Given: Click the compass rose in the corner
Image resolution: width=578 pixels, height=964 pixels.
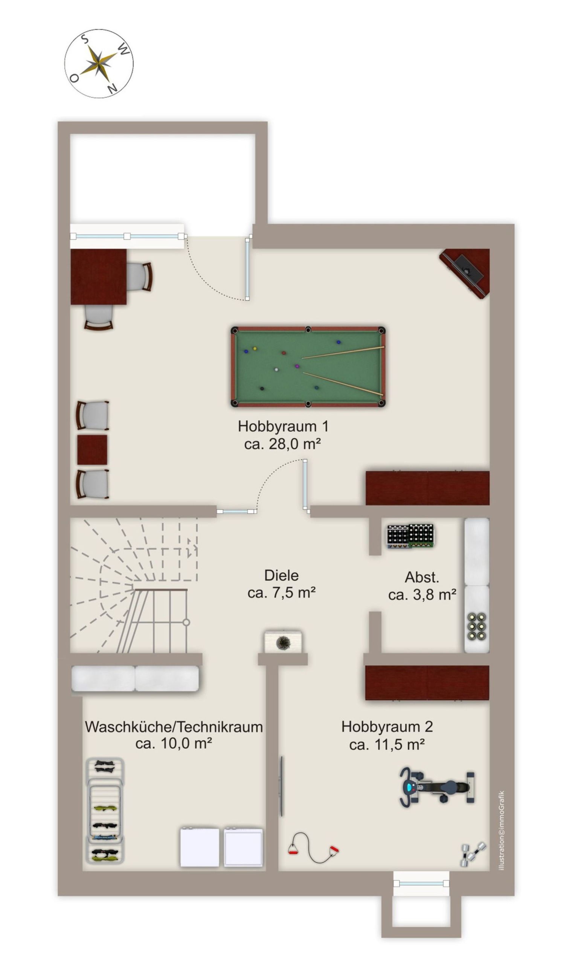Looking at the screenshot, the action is click(x=99, y=63).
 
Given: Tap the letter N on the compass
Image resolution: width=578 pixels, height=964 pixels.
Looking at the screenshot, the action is click(x=112, y=89).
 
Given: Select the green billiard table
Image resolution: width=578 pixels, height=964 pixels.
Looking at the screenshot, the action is click(x=308, y=366).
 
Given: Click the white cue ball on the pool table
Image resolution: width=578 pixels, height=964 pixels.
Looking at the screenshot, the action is click(x=276, y=369).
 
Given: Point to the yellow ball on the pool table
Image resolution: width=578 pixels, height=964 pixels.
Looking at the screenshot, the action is click(x=255, y=348).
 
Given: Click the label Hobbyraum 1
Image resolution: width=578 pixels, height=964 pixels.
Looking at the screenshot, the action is click(x=283, y=426).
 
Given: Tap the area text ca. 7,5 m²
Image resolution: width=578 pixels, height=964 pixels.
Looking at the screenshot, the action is click(x=281, y=592).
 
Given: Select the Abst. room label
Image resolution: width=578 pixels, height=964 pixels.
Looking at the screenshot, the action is click(x=422, y=577).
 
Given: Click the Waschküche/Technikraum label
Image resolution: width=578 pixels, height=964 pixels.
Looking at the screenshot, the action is click(x=174, y=727).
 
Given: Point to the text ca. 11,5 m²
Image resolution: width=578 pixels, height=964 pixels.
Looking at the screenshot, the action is click(x=387, y=744).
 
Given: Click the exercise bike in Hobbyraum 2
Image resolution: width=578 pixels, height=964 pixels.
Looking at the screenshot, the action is click(x=437, y=787).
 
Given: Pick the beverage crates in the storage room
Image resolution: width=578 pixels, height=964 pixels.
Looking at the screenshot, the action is click(x=410, y=536).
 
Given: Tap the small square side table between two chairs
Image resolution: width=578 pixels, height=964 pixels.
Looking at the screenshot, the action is click(x=92, y=450).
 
